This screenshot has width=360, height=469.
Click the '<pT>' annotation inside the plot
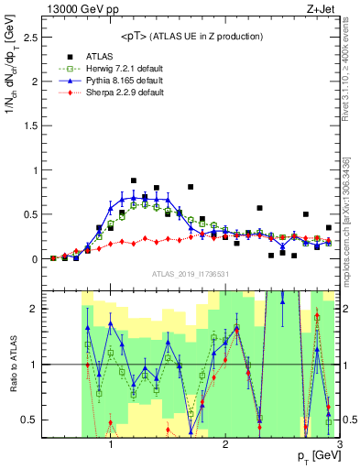[x=191, y=36]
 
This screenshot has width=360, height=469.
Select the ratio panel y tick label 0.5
[x=28, y=420]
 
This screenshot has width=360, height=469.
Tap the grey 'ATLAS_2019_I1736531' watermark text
[x=191, y=275]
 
